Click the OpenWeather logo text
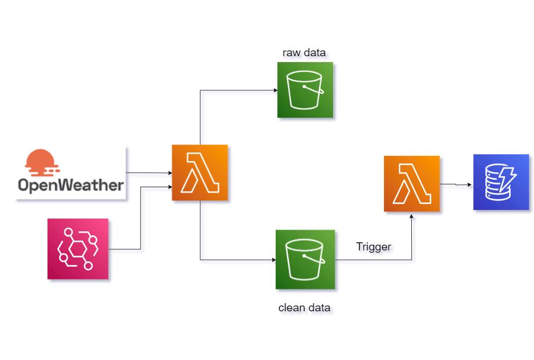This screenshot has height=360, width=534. click(70, 185)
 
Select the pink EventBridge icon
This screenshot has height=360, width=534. click(78, 249)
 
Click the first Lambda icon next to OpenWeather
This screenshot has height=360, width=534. click(200, 173)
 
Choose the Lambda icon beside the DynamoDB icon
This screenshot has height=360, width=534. click(412, 183)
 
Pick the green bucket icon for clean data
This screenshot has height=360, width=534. click(305, 259)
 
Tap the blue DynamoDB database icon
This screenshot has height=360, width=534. click(501, 182)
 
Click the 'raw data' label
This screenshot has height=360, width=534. click(304, 53)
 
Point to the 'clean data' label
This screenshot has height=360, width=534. click(304, 307)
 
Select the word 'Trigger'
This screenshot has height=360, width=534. click(374, 247)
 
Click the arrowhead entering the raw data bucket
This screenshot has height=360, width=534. click(274, 90)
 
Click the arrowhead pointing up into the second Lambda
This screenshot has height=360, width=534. click(412, 215)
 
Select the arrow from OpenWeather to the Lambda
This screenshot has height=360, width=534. click(148, 173)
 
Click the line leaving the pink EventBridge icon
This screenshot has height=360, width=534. click(125, 249)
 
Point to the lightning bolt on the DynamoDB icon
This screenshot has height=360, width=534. click(511, 174)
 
